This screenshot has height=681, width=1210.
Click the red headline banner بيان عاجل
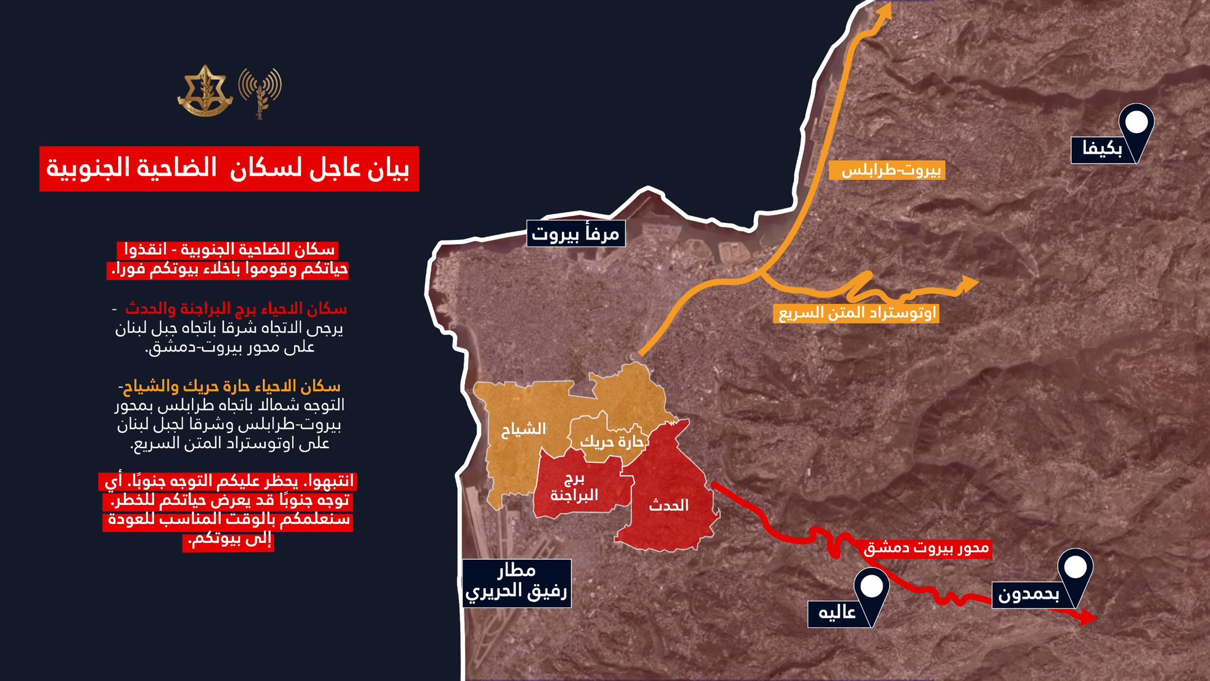(x=229, y=168)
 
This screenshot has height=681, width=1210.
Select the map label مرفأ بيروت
(x=575, y=234)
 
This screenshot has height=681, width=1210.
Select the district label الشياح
(x=523, y=429)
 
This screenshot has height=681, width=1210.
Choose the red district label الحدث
(x=668, y=505)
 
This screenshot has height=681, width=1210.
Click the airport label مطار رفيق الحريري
(x=516, y=583)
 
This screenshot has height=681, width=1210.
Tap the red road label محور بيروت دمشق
(x=926, y=548)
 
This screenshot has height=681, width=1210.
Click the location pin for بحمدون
(x=1075, y=570)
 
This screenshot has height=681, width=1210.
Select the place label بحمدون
(x=1029, y=595)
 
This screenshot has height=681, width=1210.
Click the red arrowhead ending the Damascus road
(x=1088, y=618)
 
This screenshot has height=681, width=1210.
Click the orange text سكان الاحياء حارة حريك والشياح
(x=230, y=387)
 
